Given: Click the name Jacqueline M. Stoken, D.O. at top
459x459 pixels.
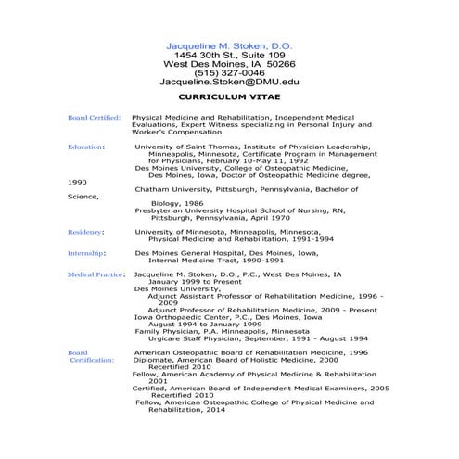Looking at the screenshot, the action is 228,44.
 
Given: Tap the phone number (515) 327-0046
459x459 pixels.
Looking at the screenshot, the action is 228,72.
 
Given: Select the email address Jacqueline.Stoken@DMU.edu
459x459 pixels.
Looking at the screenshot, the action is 228,83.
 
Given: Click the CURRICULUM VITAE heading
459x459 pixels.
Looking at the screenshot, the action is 228,96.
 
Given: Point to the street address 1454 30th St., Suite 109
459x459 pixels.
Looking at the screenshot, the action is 228,54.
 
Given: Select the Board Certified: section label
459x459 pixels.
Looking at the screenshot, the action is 94,118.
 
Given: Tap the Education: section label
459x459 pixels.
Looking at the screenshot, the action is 86,146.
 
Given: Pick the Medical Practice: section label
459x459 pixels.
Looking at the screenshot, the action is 96,274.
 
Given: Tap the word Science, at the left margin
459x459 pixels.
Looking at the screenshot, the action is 83,196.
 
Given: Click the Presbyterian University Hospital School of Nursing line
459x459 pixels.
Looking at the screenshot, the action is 253,210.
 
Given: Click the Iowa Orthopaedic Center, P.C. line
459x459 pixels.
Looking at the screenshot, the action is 228,316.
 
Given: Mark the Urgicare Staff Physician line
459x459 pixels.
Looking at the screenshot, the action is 252,338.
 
